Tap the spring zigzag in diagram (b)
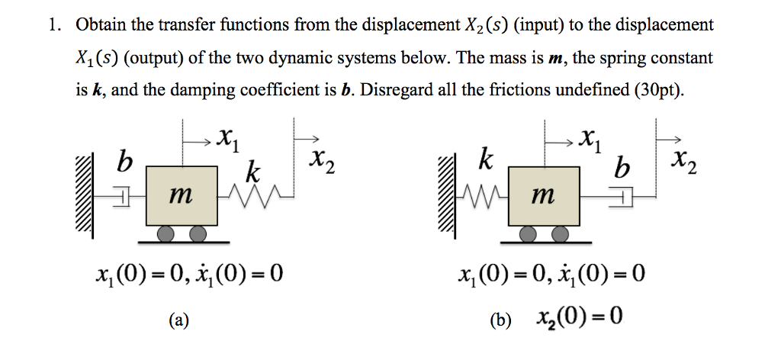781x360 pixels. pyautogui.click(x=480, y=199)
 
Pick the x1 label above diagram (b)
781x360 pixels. pyautogui.click(x=588, y=140)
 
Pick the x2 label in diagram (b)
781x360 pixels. pyautogui.click(x=681, y=162)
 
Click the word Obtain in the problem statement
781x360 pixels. pyautogui.click(x=102, y=25)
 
